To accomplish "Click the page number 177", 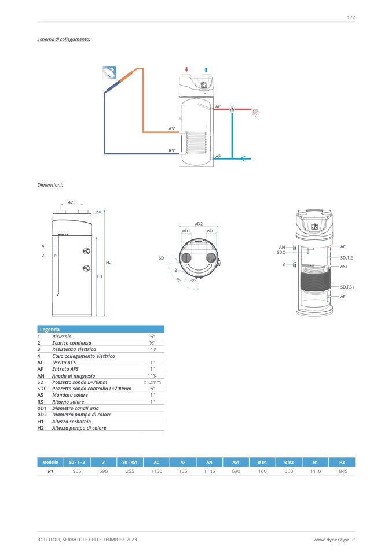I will click(x=351, y=17).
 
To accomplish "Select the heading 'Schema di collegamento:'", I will click(x=64, y=39).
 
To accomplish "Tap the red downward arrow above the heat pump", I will click(x=186, y=69).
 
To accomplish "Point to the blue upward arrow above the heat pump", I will click(x=207, y=69).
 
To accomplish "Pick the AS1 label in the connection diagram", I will click(x=172, y=128).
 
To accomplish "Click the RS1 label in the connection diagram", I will click(x=172, y=150).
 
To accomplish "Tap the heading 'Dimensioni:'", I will click(x=50, y=185).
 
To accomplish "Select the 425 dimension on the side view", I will click(x=72, y=202).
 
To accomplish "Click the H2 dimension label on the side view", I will click(x=108, y=263).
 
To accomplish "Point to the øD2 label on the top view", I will click(x=198, y=224).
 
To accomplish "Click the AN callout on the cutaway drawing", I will click(x=281, y=247).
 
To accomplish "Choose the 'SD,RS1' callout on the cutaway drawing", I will click(x=347, y=287).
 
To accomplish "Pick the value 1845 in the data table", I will click(x=342, y=472).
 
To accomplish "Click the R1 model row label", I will click(x=50, y=472).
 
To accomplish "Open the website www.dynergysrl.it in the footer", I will click(x=334, y=540).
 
